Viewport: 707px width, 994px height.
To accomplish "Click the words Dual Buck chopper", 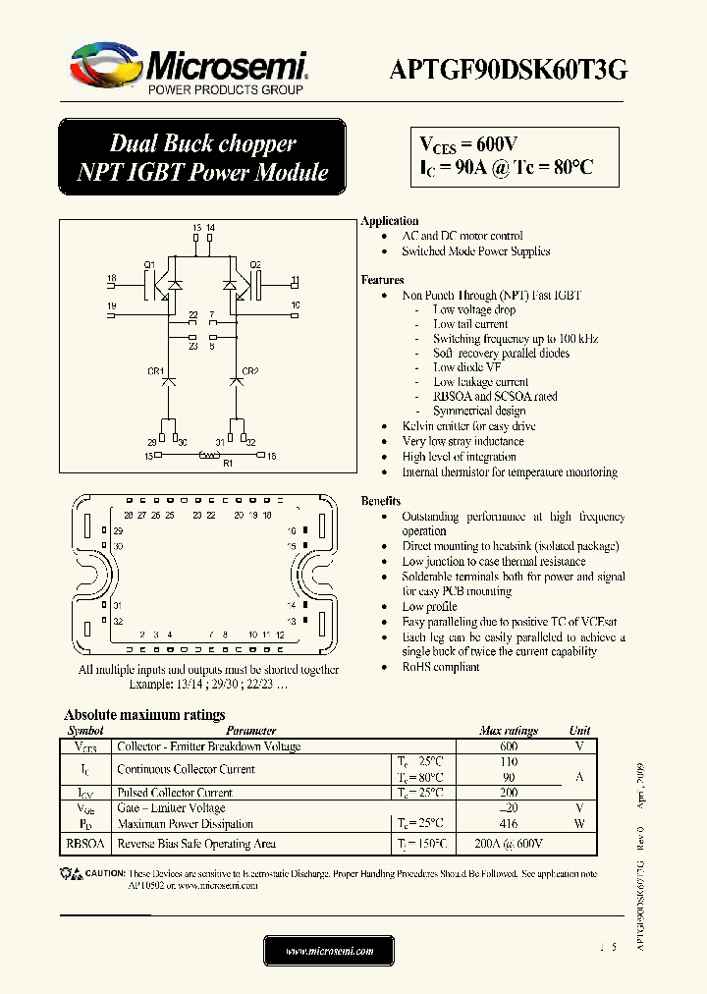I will (202, 143).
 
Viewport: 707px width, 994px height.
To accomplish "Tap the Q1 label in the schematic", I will (149, 264).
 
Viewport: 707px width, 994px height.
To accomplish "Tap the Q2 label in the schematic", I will (254, 264).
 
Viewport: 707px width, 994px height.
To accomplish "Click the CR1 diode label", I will (155, 371).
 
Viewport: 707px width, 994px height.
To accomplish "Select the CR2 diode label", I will (249, 371).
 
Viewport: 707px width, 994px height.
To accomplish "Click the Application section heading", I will (390, 221).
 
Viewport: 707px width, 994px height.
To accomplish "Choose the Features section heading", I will (383, 280).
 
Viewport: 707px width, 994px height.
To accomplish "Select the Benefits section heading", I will (381, 501).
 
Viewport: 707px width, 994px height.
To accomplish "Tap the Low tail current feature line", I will (470, 323).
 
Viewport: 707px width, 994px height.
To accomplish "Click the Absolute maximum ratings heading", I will (144, 715).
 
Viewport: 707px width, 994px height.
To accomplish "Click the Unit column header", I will (579, 731).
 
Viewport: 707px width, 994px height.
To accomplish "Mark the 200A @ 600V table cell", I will (509, 844).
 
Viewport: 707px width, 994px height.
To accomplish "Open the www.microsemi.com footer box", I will (329, 951).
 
